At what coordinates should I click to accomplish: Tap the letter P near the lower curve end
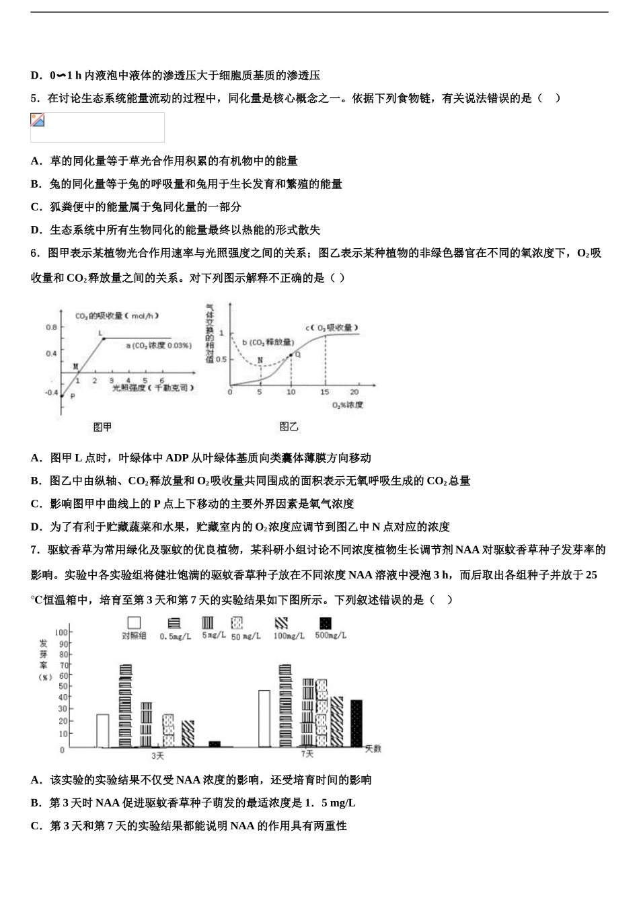72,396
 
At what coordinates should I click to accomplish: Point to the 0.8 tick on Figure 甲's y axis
51,328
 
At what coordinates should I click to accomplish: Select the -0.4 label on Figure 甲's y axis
51,392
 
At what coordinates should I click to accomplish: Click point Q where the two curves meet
291,354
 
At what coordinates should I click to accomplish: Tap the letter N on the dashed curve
260,360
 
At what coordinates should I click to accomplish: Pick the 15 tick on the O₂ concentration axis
325,391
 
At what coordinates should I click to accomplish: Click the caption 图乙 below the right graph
289,426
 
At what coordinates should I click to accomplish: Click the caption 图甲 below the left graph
102,426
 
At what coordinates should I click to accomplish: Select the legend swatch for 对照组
134,623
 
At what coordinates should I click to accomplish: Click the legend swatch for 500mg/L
326,623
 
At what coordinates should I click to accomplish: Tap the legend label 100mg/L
289,636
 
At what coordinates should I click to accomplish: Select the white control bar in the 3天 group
102,730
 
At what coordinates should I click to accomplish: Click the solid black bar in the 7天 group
356,723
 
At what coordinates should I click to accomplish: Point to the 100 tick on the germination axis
61,632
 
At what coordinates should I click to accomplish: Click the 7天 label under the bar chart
307,754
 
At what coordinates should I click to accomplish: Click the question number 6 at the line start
34,253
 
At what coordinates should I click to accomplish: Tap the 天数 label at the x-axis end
373,748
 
